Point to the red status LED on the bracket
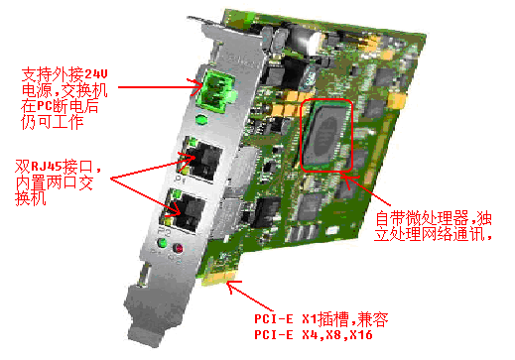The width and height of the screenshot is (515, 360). click(x=179, y=248)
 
